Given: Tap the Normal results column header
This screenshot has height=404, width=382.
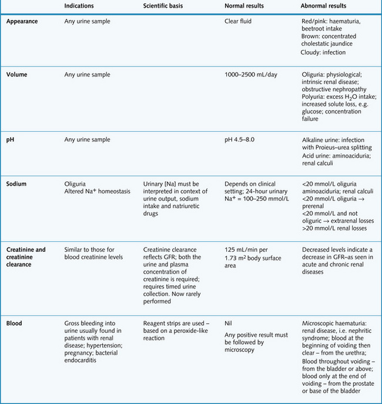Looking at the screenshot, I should click(x=244, y=6).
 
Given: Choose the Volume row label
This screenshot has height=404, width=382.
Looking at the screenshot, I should click(x=18, y=75).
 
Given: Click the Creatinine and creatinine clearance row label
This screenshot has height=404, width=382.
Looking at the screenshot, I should click(x=26, y=253).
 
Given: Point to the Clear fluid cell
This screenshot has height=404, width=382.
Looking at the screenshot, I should click(x=239, y=22).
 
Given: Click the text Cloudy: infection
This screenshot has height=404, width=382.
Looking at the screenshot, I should click(x=323, y=52).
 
